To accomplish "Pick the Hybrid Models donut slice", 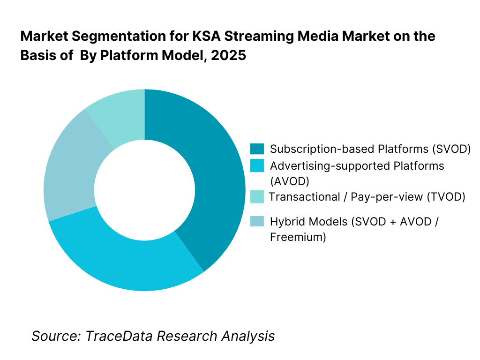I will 70,173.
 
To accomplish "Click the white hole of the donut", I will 144,190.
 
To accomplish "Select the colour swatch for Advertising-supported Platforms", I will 257,166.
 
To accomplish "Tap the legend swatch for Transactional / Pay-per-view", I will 257,196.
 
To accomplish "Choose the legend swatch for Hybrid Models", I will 257,221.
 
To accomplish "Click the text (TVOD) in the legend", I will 445,197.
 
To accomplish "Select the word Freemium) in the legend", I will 298,237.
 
